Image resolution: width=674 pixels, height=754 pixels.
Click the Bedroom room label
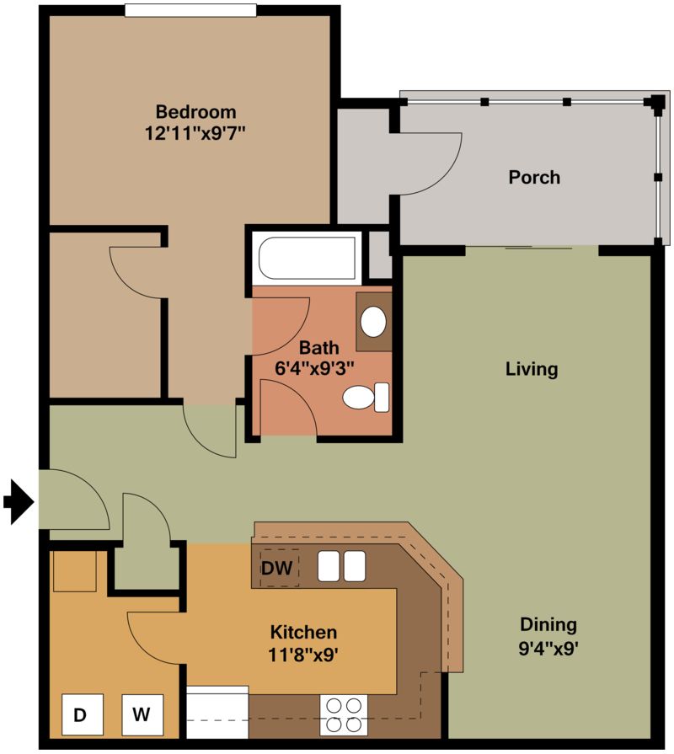(x=195, y=112)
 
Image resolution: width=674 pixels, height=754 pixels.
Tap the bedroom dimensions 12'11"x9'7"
(x=195, y=133)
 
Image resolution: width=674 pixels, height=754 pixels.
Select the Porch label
(x=534, y=178)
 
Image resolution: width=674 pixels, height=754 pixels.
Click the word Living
(x=532, y=369)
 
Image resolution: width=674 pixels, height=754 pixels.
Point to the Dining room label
(x=548, y=624)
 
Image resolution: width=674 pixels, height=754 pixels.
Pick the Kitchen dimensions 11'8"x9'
(x=303, y=655)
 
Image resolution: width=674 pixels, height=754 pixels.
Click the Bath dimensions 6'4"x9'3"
(x=314, y=368)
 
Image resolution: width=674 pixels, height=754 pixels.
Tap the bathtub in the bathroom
(x=308, y=258)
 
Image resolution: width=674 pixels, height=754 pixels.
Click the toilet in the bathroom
(x=366, y=397)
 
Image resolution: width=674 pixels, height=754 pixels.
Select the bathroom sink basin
(x=373, y=322)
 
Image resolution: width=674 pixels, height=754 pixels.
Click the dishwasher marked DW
(x=277, y=568)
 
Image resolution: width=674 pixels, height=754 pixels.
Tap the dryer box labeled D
(x=83, y=714)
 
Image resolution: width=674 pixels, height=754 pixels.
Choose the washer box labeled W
(x=142, y=714)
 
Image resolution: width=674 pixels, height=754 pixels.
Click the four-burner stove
(x=344, y=715)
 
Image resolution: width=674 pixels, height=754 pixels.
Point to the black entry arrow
(x=19, y=502)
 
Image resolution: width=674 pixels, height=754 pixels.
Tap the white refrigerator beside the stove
(x=217, y=712)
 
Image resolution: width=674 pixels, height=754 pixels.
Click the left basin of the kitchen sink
(x=329, y=566)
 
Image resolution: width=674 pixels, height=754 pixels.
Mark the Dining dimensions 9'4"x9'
(x=548, y=650)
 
